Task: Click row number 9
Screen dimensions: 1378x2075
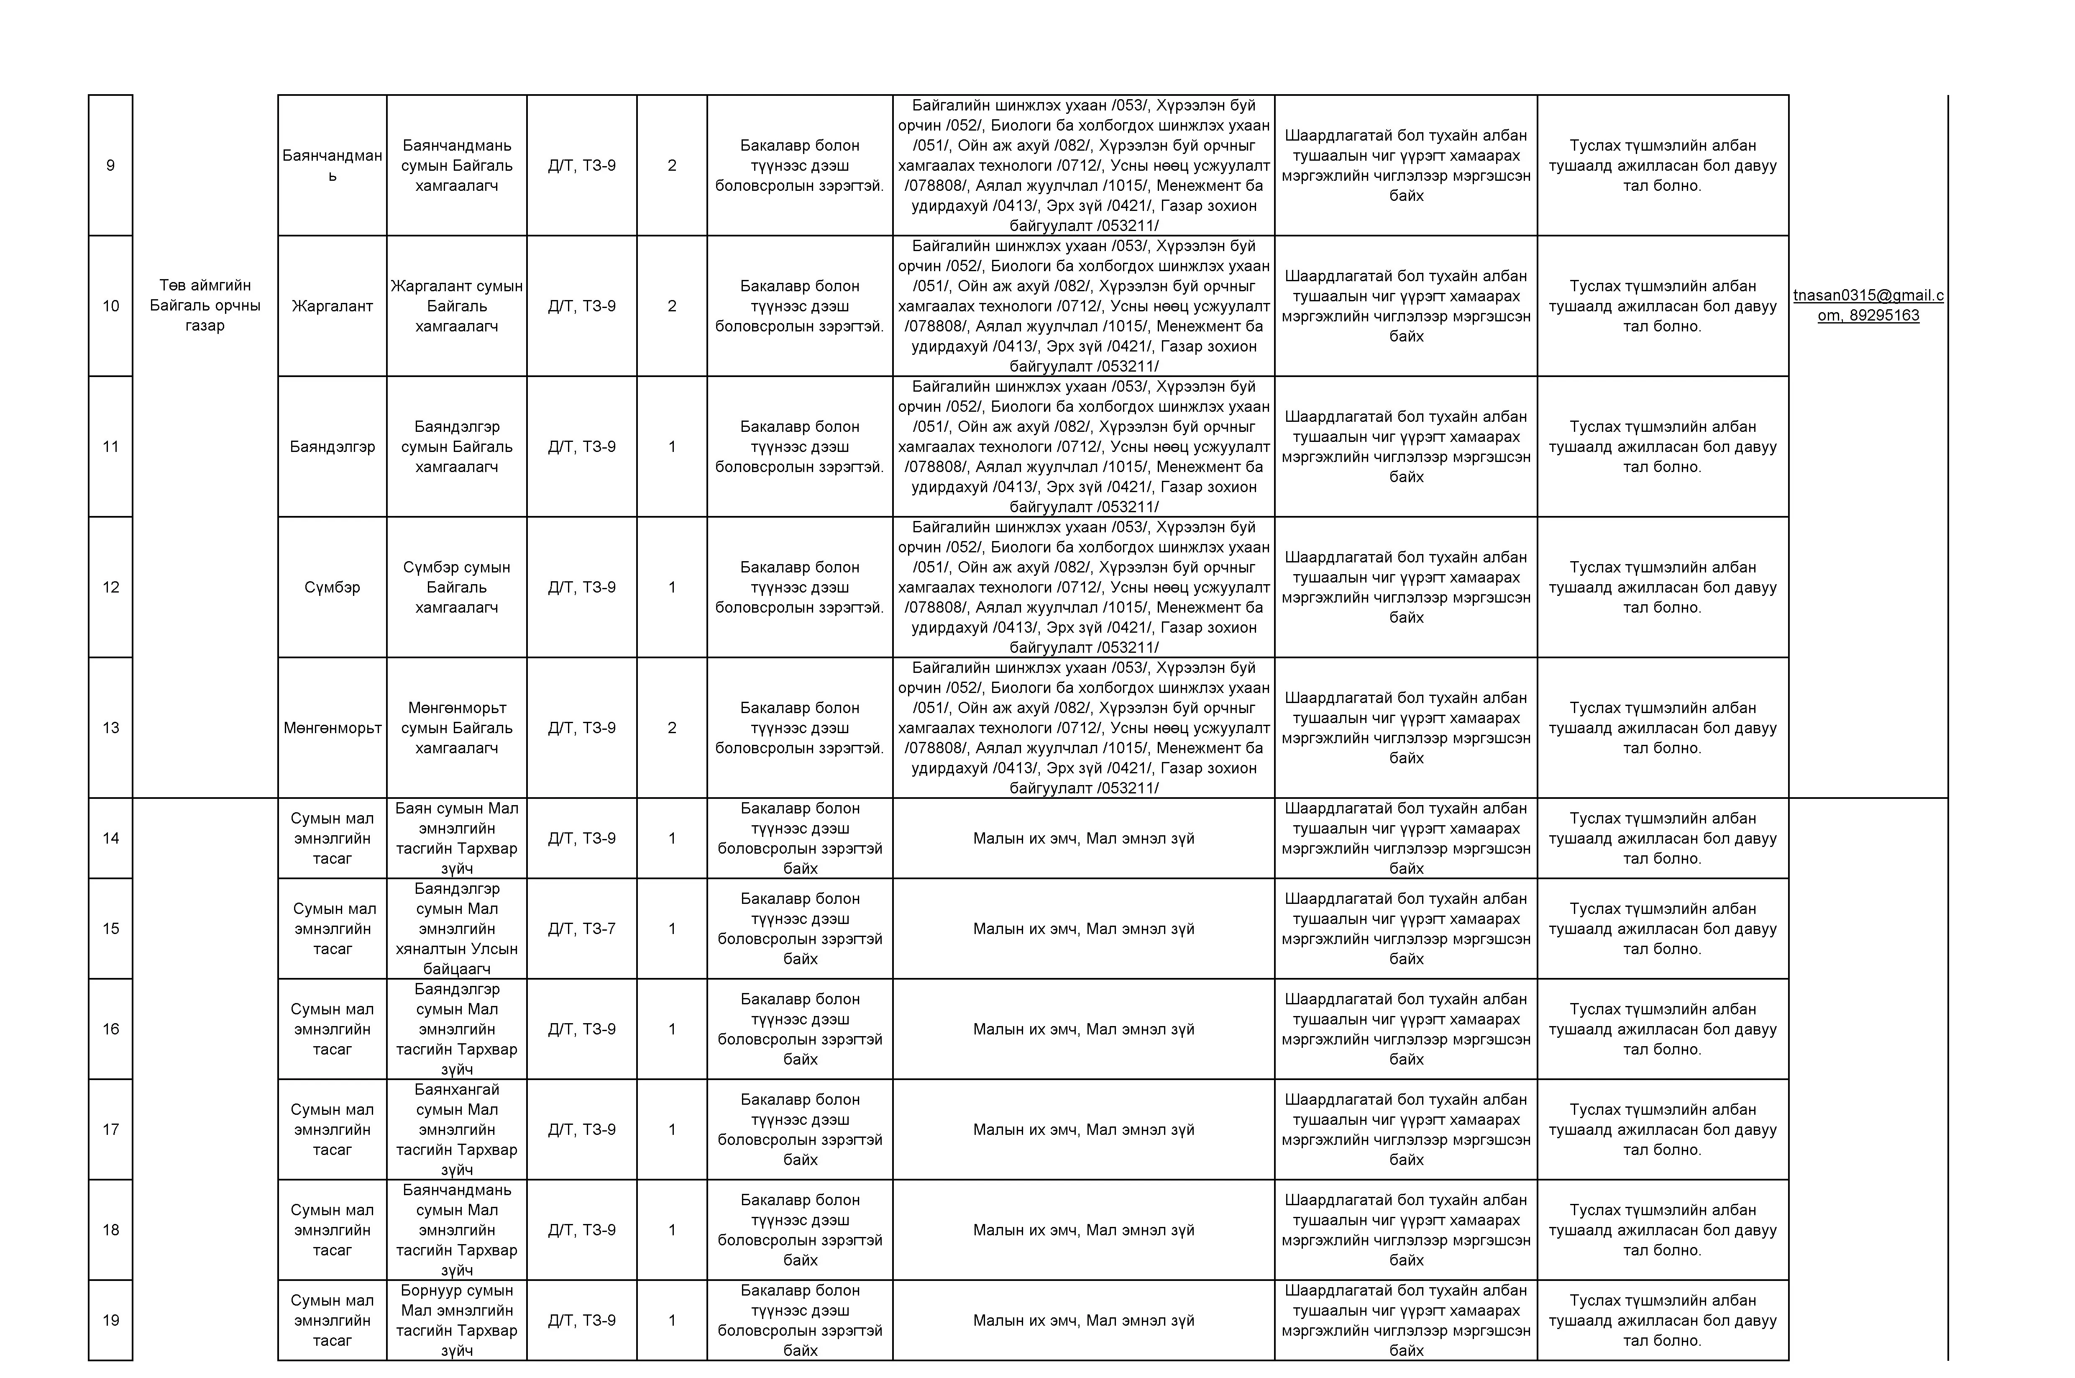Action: [x=111, y=165]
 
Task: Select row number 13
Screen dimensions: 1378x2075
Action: [x=111, y=728]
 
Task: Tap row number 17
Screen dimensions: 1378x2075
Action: [x=111, y=1129]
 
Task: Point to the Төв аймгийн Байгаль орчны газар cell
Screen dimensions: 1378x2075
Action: [x=205, y=305]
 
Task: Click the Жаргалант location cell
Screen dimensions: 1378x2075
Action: [x=332, y=306]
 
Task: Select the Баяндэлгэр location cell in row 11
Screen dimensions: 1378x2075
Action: [x=332, y=447]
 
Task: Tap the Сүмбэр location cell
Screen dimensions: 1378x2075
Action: [x=332, y=587]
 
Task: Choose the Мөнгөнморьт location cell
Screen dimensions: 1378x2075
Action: [x=332, y=728]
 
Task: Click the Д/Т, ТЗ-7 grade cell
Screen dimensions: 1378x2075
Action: [x=581, y=928]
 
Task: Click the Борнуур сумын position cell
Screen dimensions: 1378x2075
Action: [x=457, y=1320]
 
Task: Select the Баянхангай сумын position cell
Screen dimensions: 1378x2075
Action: [x=457, y=1129]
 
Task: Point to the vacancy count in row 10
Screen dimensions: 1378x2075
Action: [x=672, y=306]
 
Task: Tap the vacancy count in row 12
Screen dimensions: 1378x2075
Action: [x=672, y=587]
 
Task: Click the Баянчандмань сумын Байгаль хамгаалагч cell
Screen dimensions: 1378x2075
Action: [x=457, y=165]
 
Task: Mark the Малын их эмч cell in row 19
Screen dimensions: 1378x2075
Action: [x=1083, y=1320]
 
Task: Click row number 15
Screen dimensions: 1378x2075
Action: [x=111, y=928]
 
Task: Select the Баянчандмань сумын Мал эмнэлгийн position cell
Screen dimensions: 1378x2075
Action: [x=457, y=1229]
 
